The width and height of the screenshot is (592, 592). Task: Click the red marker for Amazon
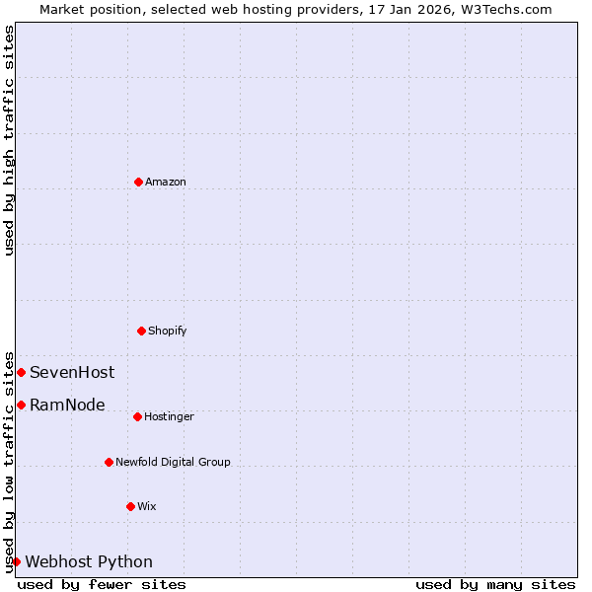pos(138,182)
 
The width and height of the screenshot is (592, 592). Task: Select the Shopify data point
pos(141,331)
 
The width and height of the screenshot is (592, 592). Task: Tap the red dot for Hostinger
pos(137,416)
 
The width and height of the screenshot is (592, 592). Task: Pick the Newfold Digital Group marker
pos(109,462)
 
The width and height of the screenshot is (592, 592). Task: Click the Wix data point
pos(130,506)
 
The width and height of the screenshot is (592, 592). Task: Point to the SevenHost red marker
pos(21,372)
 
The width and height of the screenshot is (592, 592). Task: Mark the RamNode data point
pos(21,405)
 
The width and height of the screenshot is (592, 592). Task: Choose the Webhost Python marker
pos(16,561)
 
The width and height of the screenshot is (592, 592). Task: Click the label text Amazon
pos(166,182)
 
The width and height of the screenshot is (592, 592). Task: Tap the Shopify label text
pos(168,331)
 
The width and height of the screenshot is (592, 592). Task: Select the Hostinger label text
pos(169,416)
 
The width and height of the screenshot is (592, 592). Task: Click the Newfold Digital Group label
pos(173,462)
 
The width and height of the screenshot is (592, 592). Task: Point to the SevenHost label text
pos(72,372)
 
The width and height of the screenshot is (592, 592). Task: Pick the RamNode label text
pos(67,405)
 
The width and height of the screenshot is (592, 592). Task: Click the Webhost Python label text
pos(89,561)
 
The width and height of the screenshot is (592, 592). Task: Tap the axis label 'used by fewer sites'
pos(102,584)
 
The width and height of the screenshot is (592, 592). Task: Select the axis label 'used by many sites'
pos(495,584)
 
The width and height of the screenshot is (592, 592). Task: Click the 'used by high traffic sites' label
pos(9,140)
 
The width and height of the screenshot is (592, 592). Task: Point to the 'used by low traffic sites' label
pos(9,461)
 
